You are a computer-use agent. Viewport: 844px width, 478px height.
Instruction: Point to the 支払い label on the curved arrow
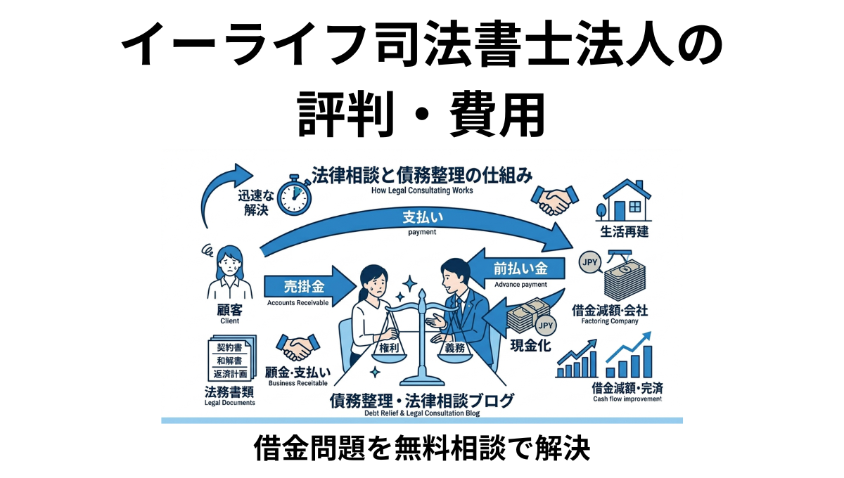coord(421,219)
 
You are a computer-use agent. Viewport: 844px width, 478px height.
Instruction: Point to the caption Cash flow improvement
coord(627,399)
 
